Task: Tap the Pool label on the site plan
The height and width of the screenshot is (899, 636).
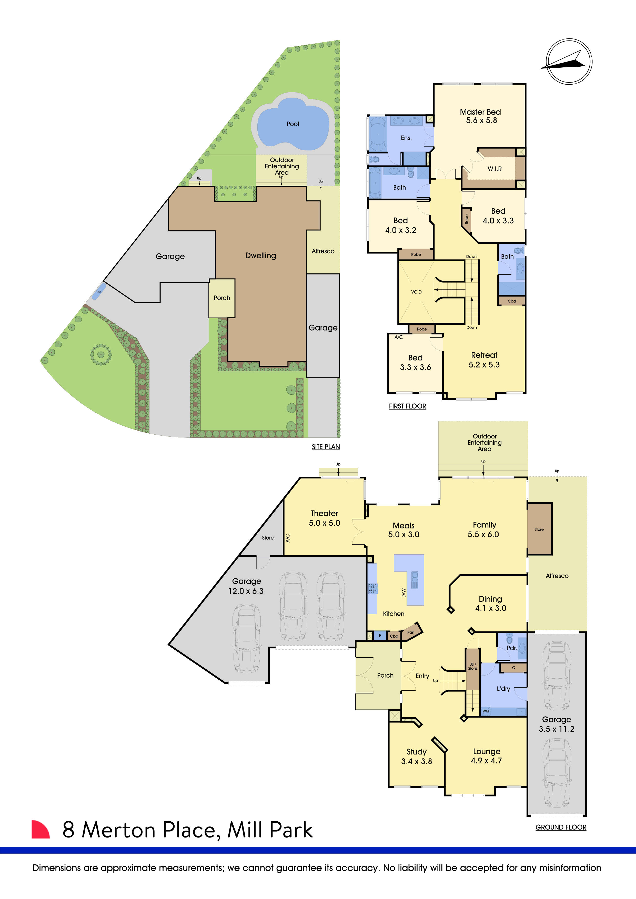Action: click(x=292, y=124)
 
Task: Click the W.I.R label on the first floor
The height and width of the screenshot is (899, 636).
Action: click(x=494, y=169)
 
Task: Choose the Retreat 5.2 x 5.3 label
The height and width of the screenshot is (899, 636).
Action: click(x=484, y=360)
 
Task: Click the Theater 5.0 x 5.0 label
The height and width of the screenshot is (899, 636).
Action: click(x=324, y=518)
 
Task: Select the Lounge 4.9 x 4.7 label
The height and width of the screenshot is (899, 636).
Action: click(x=486, y=756)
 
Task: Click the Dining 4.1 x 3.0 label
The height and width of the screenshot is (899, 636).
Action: click(x=490, y=603)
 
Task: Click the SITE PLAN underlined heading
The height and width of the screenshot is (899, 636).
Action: click(x=326, y=447)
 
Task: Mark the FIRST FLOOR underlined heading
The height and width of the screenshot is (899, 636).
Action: click(x=407, y=406)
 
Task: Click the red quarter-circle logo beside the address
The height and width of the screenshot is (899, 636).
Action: click(x=40, y=829)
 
